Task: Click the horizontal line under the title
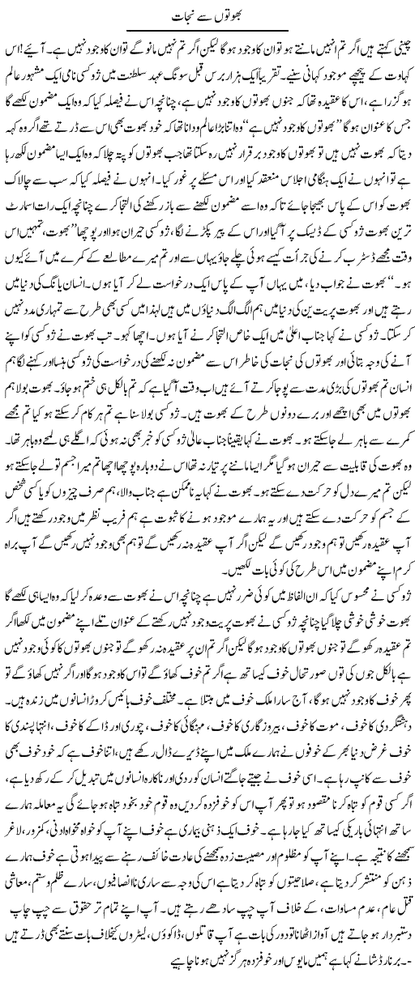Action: [207, 30]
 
